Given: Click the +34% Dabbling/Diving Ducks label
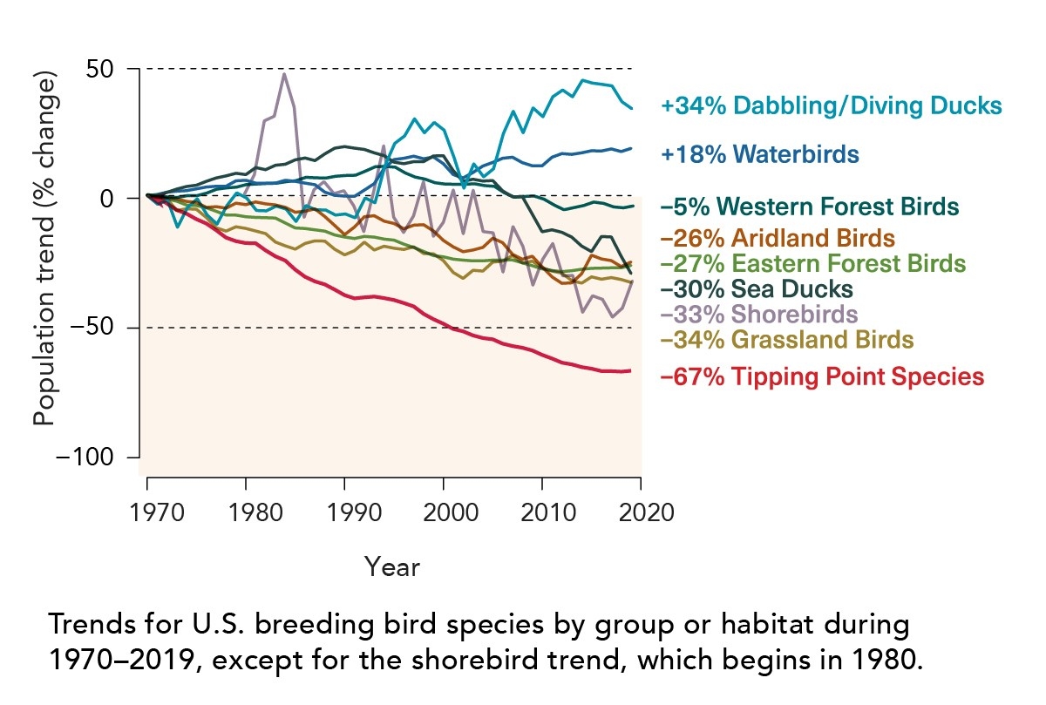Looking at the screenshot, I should pyautogui.click(x=831, y=106).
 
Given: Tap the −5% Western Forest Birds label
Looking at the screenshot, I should pyautogui.click(x=810, y=207).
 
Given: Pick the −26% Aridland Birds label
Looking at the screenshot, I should pyautogui.click(x=778, y=237).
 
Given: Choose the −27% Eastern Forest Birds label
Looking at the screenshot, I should pyautogui.click(x=813, y=263).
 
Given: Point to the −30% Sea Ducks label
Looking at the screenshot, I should pyautogui.click(x=757, y=288).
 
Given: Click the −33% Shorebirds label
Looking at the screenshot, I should pyautogui.click(x=759, y=314).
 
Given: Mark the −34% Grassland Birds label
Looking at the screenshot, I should pyautogui.click(x=787, y=340).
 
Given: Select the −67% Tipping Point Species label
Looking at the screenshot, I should pyautogui.click(x=823, y=377).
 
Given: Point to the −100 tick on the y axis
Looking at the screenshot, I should pyautogui.click(x=90, y=458).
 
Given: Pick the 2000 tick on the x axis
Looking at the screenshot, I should pyautogui.click(x=445, y=511).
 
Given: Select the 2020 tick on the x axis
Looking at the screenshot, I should pyautogui.click(x=642, y=511).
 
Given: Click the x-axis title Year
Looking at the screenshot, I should pyautogui.click(x=392, y=566).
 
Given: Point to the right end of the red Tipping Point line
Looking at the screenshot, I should pyautogui.click(x=630, y=371).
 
